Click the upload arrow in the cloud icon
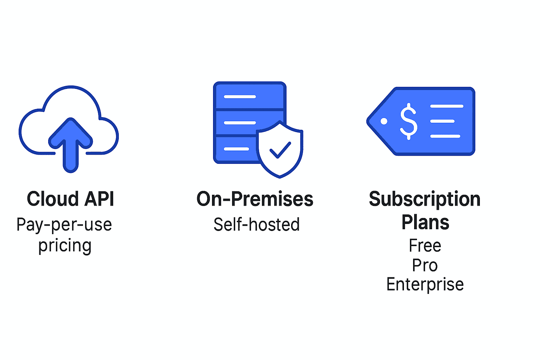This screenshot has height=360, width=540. point(70,145)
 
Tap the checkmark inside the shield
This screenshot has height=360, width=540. point(280,150)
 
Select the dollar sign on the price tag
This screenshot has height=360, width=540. point(409,121)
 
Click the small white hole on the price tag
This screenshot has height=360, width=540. point(384,121)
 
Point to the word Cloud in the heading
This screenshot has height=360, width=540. point(52,199)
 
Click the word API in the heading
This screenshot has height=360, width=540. point(99,199)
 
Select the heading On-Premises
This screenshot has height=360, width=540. point(255,199)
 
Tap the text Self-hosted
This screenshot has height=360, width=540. point(257,225)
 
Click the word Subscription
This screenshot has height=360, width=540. point(425,200)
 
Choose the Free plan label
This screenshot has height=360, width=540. point(425,245)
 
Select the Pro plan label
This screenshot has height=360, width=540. point(425,265)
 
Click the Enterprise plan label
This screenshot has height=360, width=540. point(425,285)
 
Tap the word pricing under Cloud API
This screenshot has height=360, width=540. point(65,246)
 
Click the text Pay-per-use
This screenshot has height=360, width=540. point(64,225)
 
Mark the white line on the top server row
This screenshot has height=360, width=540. point(240,97)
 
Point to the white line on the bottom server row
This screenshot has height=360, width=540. point(237,149)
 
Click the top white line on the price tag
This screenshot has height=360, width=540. point(447,106)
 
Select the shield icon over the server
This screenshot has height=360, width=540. point(279,149)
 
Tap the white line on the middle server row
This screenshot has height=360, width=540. point(240,123)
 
